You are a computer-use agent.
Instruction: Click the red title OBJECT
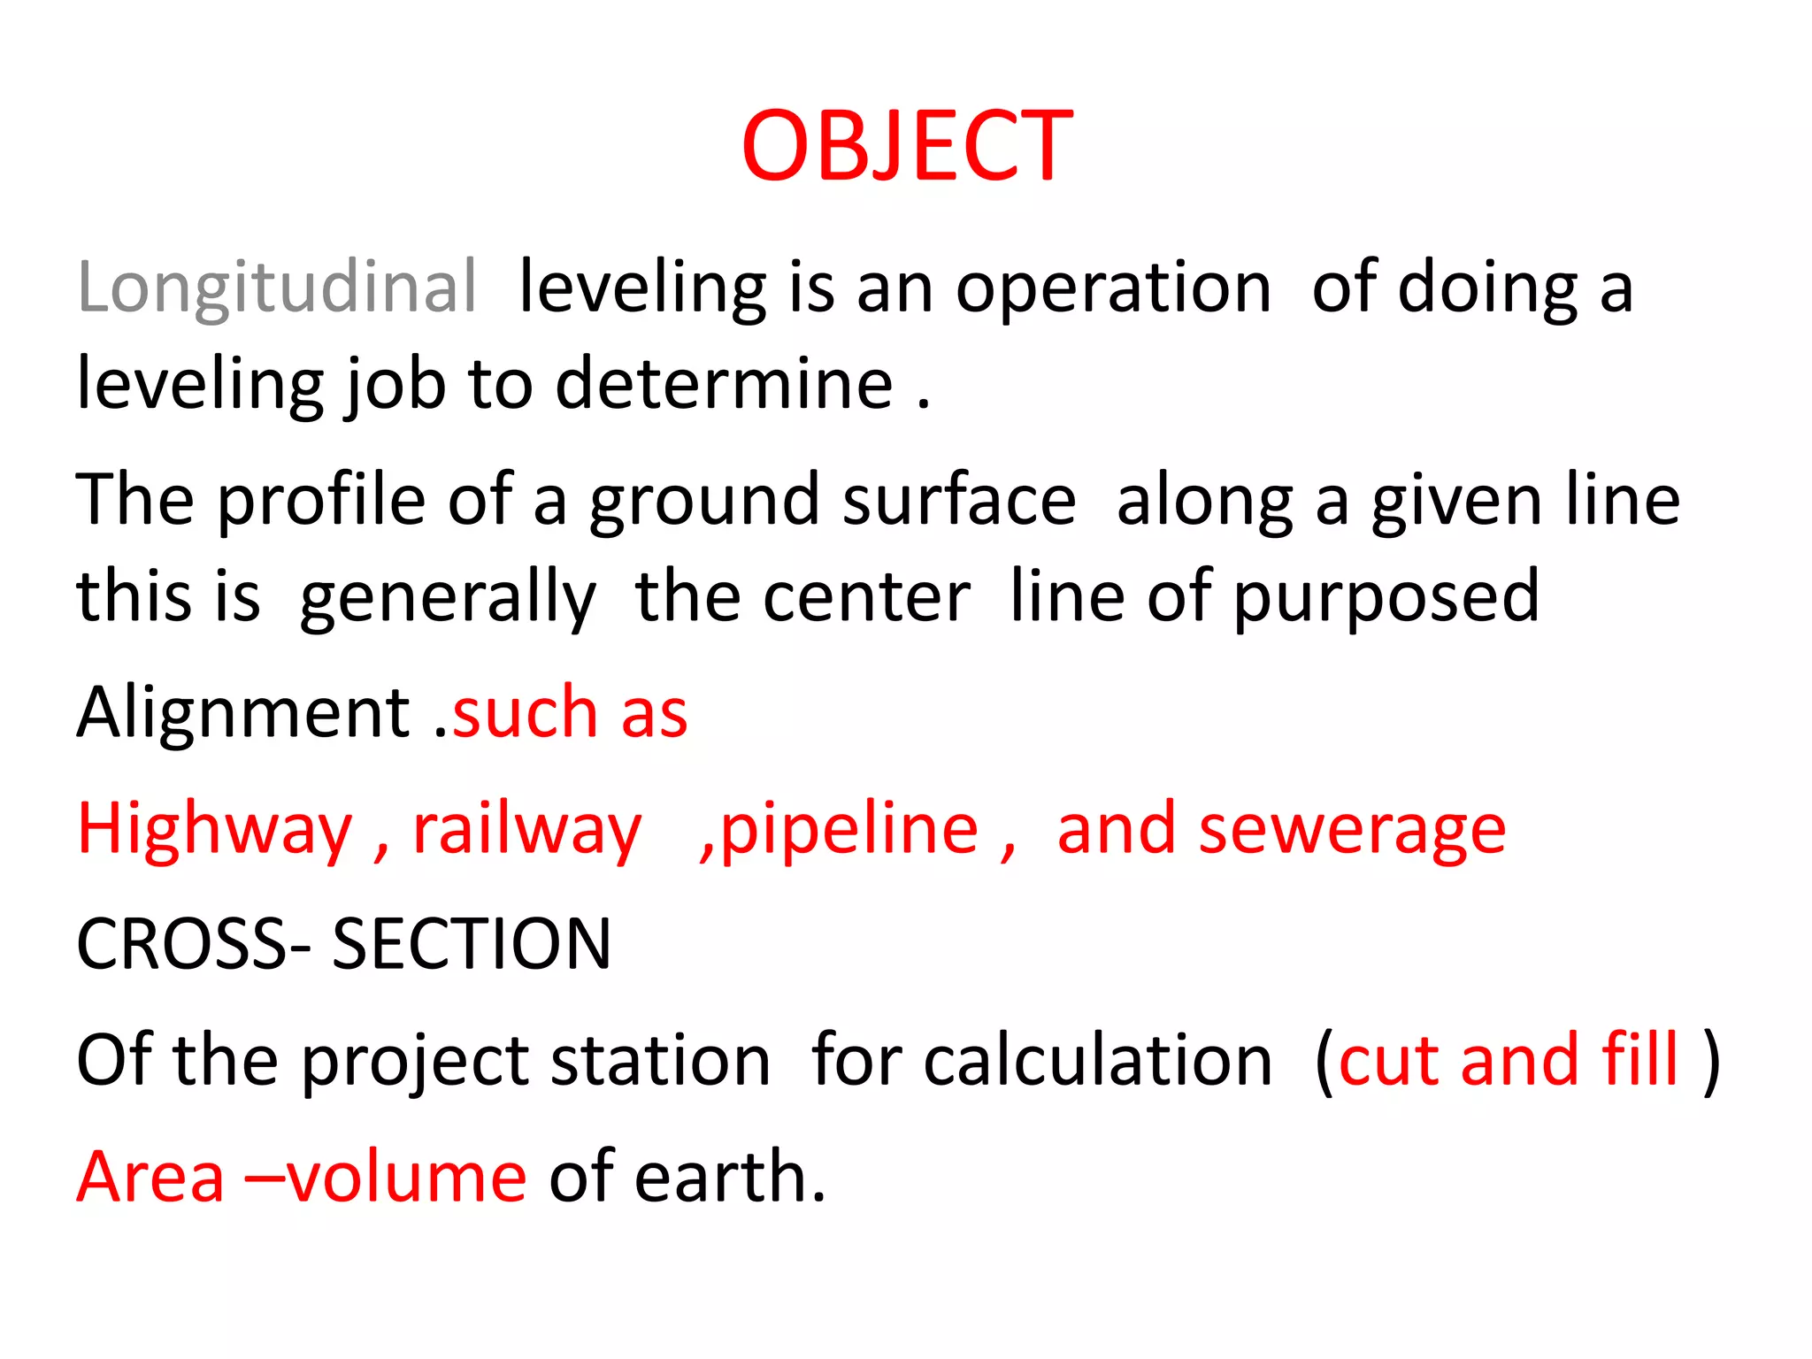[907, 146]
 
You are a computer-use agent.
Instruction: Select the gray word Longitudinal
[277, 288]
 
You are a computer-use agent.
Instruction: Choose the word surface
[959, 500]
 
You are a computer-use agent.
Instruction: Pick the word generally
[448, 597]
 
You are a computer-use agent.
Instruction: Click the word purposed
[1386, 597]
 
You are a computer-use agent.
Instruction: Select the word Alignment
[243, 712]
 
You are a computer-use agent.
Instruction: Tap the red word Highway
[215, 830]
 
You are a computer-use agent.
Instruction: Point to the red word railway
[527, 830]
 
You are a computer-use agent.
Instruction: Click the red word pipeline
[849, 830]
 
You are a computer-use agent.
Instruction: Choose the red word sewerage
[1352, 830]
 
